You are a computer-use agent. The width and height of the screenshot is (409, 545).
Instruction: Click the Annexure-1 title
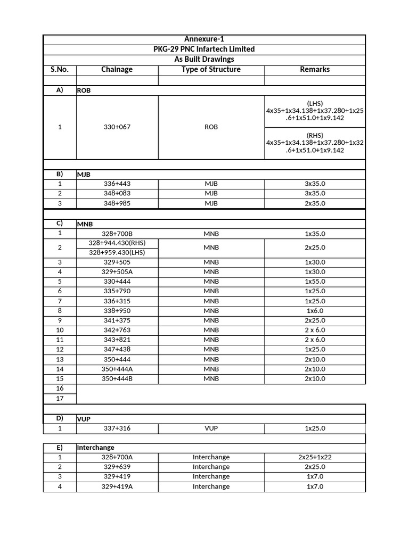pyautogui.click(x=204, y=39)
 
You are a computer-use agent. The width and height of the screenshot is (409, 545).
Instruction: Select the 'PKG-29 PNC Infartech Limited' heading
pyautogui.click(x=204, y=49)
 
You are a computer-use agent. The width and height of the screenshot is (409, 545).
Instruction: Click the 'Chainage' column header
pyautogui.click(x=117, y=69)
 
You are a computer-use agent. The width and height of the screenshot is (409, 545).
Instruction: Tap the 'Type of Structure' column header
pyautogui.click(x=211, y=69)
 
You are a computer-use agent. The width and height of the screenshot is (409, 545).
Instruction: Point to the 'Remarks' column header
pyautogui.click(x=315, y=69)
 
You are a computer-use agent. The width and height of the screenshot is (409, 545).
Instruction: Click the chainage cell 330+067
pyautogui.click(x=117, y=127)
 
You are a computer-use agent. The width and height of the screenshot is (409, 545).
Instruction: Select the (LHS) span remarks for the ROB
pyautogui.click(x=315, y=111)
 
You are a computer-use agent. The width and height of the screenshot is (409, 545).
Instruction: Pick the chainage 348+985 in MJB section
pyautogui.click(x=117, y=203)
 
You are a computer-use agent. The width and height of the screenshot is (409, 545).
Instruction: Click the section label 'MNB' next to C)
pyautogui.click(x=85, y=224)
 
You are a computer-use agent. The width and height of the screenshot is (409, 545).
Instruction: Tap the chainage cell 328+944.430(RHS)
pyautogui.click(x=117, y=243)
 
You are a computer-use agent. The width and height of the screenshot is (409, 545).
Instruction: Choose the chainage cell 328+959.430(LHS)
pyautogui.click(x=117, y=252)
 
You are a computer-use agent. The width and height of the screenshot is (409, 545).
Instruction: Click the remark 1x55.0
pyautogui.click(x=315, y=281)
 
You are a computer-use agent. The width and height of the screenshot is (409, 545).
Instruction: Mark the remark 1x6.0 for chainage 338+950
pyautogui.click(x=315, y=310)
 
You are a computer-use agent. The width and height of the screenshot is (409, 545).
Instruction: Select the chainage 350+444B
pyautogui.click(x=117, y=378)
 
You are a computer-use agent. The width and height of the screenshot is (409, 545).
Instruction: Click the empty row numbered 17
pyautogui.click(x=60, y=398)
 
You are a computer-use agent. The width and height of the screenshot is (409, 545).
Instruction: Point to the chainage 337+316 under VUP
pyautogui.click(x=117, y=428)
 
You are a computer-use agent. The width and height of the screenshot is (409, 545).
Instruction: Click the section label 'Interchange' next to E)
pyautogui.click(x=96, y=448)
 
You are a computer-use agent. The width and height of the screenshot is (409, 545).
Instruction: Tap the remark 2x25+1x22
pyautogui.click(x=315, y=457)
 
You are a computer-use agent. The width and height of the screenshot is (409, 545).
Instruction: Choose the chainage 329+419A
pyautogui.click(x=117, y=486)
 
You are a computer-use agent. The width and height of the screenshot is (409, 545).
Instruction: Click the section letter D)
pyautogui.click(x=60, y=418)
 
